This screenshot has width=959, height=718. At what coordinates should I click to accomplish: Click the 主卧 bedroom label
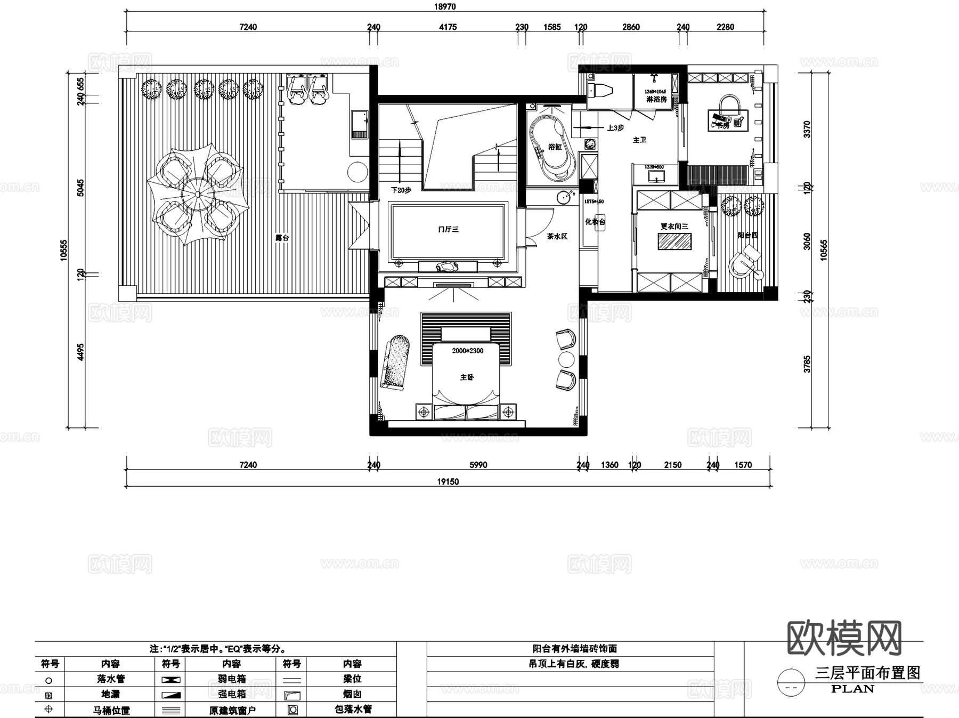click(x=467, y=377)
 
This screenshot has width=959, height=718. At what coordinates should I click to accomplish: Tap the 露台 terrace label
click(x=282, y=238)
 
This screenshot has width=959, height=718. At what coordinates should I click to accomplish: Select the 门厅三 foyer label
click(x=448, y=229)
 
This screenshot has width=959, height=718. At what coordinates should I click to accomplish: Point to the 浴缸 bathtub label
click(x=555, y=147)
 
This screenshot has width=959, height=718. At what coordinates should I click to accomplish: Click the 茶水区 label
click(x=557, y=236)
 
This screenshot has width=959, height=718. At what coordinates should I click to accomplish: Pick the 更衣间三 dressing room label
click(x=674, y=227)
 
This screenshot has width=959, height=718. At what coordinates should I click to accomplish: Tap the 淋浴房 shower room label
click(x=656, y=99)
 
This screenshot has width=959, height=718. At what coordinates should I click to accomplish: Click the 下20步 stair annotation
click(x=401, y=190)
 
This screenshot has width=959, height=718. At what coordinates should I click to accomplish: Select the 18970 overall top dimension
click(x=445, y=7)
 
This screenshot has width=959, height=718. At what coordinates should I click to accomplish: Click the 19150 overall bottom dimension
click(x=448, y=482)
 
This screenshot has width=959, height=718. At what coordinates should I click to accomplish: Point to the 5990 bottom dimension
click(x=478, y=465)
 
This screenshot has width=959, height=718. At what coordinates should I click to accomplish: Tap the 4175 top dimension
click(x=448, y=27)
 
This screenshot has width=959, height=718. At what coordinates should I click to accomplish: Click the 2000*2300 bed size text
click(x=468, y=351)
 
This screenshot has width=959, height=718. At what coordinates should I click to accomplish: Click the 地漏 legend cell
click(x=110, y=694)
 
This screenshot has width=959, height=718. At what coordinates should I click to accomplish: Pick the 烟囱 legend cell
click(x=352, y=694)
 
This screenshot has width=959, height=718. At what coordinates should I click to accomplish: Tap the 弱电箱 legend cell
click(x=231, y=679)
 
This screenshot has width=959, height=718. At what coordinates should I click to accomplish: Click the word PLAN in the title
click(x=852, y=689)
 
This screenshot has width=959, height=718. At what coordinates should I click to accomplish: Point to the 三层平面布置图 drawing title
click(x=867, y=673)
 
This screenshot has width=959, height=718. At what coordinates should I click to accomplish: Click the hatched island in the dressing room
click(x=674, y=242)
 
